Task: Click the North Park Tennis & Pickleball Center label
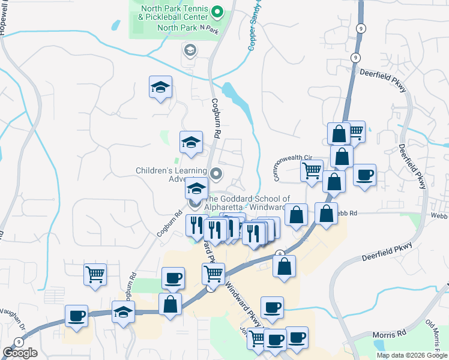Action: pos(173,13)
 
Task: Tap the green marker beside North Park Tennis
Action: pos(218,11)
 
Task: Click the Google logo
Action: pos(20,353)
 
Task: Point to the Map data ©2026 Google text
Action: pos(412,355)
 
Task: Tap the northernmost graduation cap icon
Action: pos(160,87)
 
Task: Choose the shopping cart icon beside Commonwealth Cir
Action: pos(312,170)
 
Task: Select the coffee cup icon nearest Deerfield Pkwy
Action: pos(364,175)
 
